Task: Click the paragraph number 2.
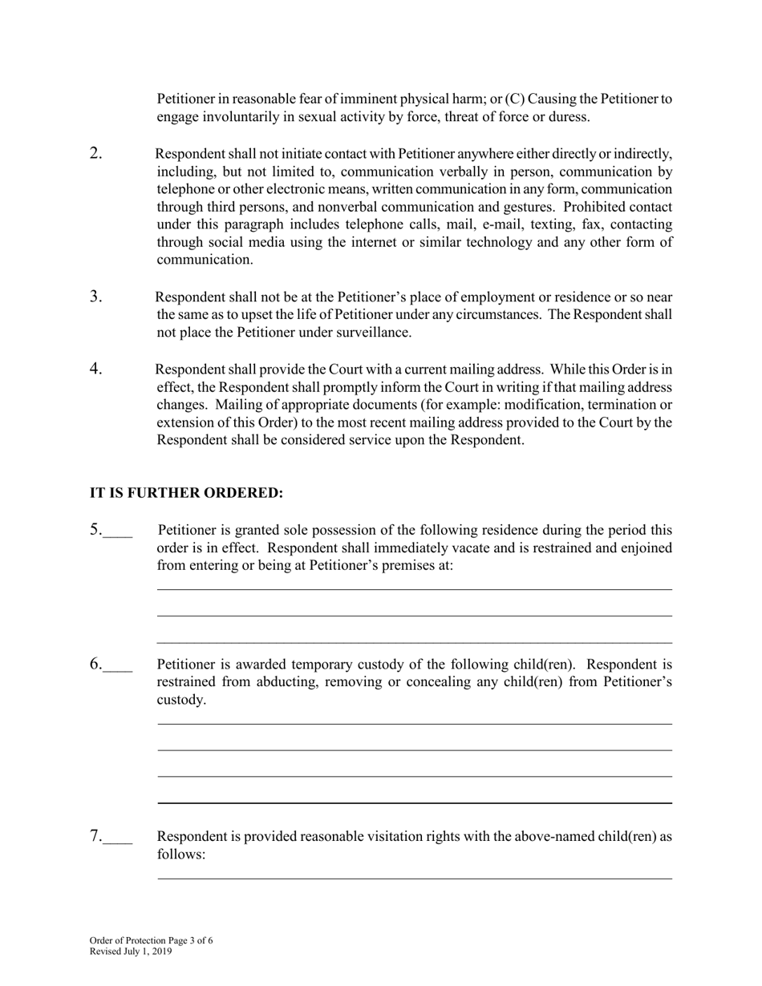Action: tap(95, 154)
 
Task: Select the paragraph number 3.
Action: tap(95, 297)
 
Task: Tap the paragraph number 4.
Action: tap(95, 369)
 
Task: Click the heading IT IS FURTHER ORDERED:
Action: tap(186, 492)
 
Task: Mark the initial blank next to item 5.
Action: tap(117, 535)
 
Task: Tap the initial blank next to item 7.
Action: tap(117, 841)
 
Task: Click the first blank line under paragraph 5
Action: tap(414, 590)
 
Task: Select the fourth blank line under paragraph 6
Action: tap(414, 802)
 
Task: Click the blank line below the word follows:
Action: tap(414, 879)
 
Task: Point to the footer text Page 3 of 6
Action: tap(190, 940)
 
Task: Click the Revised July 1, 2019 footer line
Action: tap(130, 952)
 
